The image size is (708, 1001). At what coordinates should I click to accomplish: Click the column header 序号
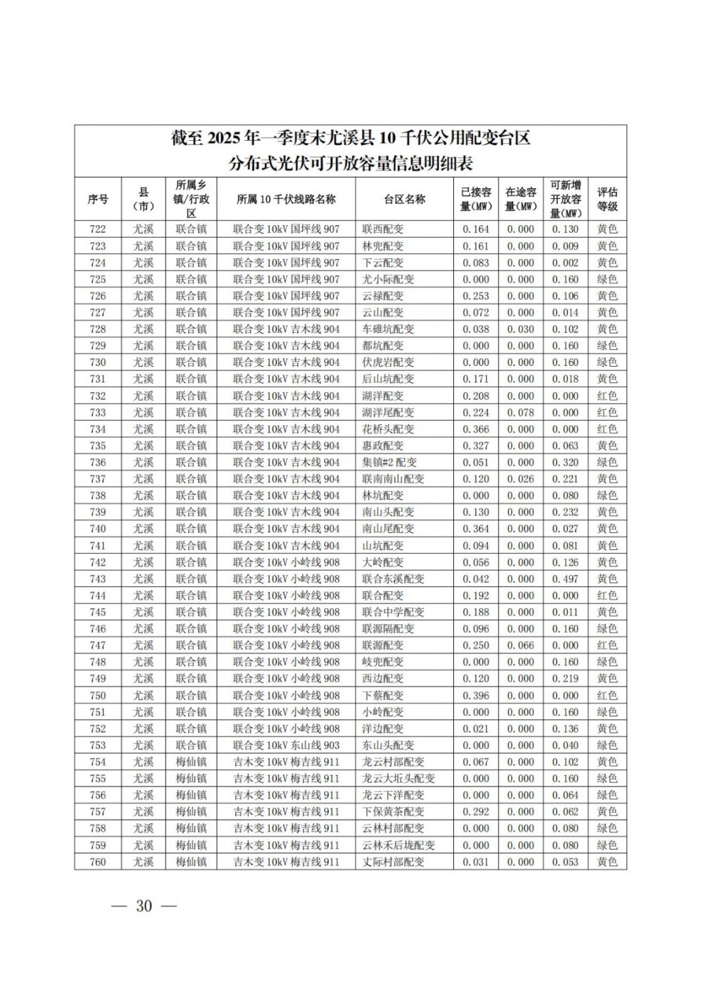(x=98, y=199)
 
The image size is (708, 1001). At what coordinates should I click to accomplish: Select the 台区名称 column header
(x=404, y=199)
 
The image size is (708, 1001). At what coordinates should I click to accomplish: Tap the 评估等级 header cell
(x=607, y=199)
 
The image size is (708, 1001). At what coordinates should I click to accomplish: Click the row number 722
(x=98, y=229)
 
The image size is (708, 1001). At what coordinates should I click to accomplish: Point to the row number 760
(x=98, y=862)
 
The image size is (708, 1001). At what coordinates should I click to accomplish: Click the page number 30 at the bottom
(x=144, y=906)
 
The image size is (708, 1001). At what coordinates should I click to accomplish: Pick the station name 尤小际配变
(x=388, y=279)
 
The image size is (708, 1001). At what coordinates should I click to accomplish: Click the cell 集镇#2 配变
(x=389, y=462)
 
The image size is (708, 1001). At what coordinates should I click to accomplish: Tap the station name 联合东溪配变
(x=393, y=579)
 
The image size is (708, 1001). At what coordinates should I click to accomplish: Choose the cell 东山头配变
(x=388, y=745)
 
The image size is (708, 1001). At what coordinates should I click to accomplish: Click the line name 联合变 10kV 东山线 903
(x=287, y=745)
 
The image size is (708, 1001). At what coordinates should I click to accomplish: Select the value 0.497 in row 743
(x=566, y=579)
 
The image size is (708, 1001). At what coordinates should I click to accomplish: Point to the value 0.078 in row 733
(x=520, y=412)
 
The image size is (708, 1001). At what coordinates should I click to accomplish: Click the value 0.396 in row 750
(x=476, y=695)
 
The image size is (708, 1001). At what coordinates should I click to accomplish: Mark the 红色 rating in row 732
(x=607, y=396)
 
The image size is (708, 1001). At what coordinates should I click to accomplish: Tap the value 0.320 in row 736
(x=566, y=462)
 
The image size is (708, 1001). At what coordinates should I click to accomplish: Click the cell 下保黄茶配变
(x=393, y=812)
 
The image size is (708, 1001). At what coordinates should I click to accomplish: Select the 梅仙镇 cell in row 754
(x=191, y=762)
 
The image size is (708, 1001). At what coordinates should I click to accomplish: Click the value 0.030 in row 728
(x=520, y=329)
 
